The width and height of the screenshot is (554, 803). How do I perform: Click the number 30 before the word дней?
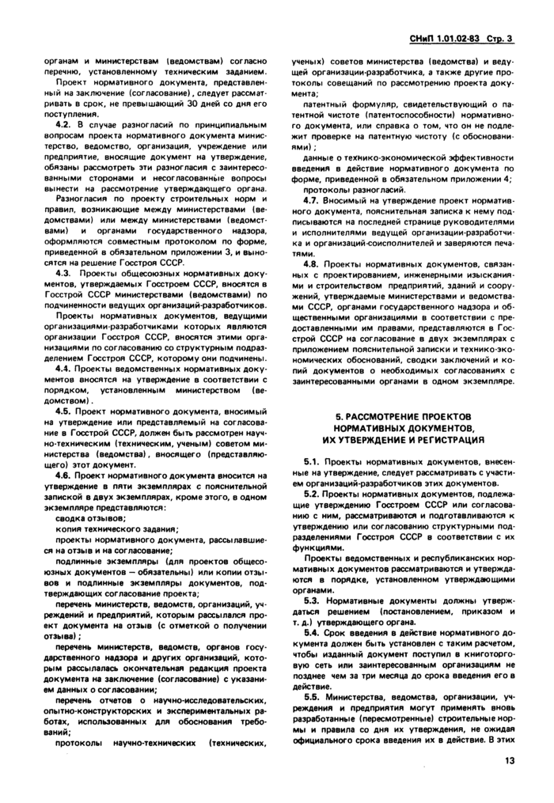199,103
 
